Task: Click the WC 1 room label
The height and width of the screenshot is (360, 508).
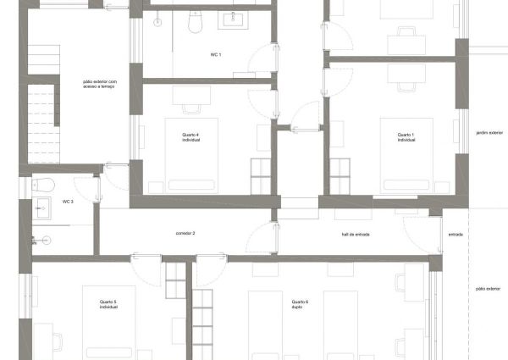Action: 215,54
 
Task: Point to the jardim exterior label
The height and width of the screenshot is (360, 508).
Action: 489,133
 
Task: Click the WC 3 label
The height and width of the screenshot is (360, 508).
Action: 68,202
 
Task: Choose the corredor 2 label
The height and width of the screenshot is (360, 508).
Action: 185,233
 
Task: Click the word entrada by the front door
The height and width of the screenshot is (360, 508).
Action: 455,235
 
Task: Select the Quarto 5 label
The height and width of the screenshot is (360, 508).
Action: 108,304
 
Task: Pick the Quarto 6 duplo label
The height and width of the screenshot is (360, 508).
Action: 300,304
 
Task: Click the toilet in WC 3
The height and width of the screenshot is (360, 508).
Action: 45,184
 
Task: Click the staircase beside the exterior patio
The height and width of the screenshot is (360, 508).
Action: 42,119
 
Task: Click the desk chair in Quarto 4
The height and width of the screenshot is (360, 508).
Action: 190,107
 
